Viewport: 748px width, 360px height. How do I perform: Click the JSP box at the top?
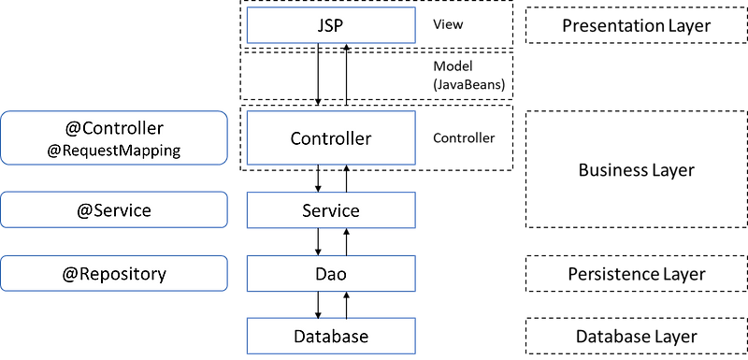click(x=330, y=25)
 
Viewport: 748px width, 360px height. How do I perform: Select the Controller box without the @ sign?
click(x=330, y=138)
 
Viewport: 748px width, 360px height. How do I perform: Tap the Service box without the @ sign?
click(x=330, y=210)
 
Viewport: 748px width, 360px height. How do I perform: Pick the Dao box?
click(x=330, y=274)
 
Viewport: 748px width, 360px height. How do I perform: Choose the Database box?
click(x=330, y=336)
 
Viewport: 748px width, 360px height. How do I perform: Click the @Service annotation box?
click(x=114, y=209)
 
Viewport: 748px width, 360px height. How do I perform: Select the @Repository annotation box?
click(x=114, y=274)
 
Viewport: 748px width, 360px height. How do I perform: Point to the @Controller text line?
click(x=114, y=129)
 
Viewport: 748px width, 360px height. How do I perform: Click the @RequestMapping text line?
click(x=114, y=150)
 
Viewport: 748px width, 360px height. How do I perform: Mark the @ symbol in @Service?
click(x=85, y=210)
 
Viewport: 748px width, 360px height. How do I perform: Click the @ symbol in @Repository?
click(x=70, y=274)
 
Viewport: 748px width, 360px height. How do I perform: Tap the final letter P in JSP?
click(x=341, y=25)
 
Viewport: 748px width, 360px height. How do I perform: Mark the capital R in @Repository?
click(x=85, y=274)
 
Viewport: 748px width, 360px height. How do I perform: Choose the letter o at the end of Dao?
click(x=342, y=275)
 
